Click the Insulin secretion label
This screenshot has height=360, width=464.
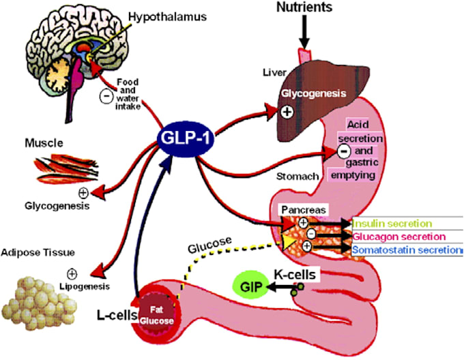click(x=392, y=223)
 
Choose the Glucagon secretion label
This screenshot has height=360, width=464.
click(x=398, y=236)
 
